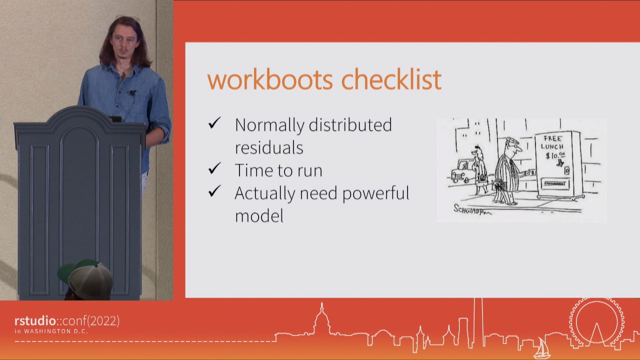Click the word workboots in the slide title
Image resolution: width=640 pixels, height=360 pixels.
270,80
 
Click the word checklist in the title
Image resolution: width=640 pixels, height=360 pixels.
391,80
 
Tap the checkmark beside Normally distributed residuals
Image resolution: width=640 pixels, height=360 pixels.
214,123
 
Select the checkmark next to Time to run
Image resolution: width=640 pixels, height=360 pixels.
214,169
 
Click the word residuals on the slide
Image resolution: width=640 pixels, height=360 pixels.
269,147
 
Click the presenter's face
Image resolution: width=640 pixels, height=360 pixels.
122,45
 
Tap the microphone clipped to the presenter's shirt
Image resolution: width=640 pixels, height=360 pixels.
132,92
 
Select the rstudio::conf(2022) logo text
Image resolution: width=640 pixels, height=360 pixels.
67,321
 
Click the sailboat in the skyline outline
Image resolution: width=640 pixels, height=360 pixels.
541,348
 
